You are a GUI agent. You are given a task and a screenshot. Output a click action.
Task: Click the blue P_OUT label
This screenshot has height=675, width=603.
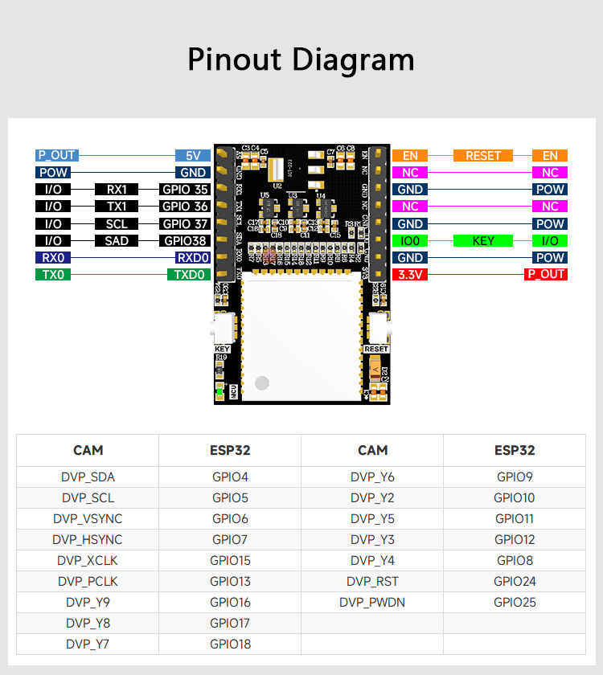coord(56,156)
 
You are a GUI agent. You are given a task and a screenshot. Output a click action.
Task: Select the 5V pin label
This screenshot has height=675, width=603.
coord(193,156)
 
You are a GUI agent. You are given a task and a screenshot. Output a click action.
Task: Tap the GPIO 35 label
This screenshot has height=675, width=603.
coord(186,190)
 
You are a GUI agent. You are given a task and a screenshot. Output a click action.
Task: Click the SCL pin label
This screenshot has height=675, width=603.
coord(117,224)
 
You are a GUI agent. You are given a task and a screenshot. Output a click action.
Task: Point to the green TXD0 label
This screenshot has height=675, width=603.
coord(188,275)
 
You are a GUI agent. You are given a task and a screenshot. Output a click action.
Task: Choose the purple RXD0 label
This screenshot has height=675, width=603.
coord(193,258)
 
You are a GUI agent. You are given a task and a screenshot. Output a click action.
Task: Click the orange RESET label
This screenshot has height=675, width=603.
coord(483,156)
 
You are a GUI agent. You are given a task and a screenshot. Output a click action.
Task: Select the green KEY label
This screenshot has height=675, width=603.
coord(483,241)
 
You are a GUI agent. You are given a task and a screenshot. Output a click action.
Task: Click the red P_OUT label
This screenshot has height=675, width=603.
coord(546,275)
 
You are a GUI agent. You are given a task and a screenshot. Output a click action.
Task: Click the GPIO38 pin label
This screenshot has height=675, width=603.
coord(186,241)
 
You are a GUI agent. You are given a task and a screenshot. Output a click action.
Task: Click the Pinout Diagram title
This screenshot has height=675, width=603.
coord(301,60)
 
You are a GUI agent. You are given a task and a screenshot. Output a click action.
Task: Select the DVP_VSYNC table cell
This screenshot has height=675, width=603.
coord(88,519)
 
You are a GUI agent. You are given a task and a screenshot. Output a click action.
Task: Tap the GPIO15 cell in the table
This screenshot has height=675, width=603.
coord(230,561)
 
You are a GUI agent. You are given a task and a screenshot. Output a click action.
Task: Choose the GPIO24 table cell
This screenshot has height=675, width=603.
coord(515,582)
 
